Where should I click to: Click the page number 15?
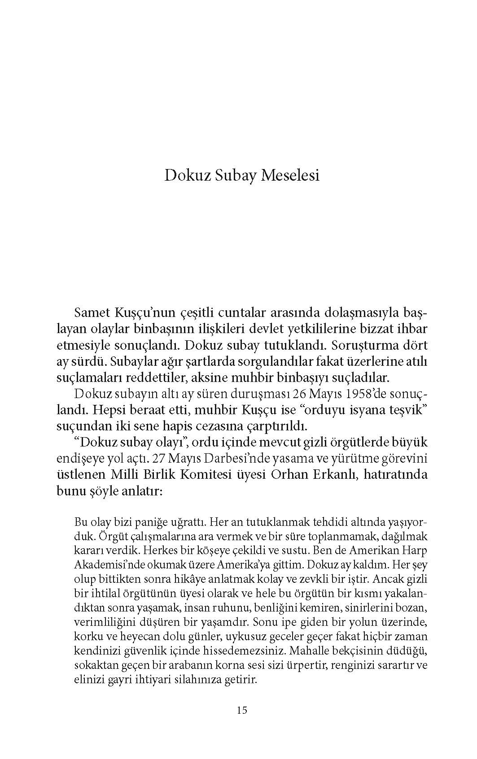[241, 710]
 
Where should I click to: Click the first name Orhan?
[287, 475]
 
